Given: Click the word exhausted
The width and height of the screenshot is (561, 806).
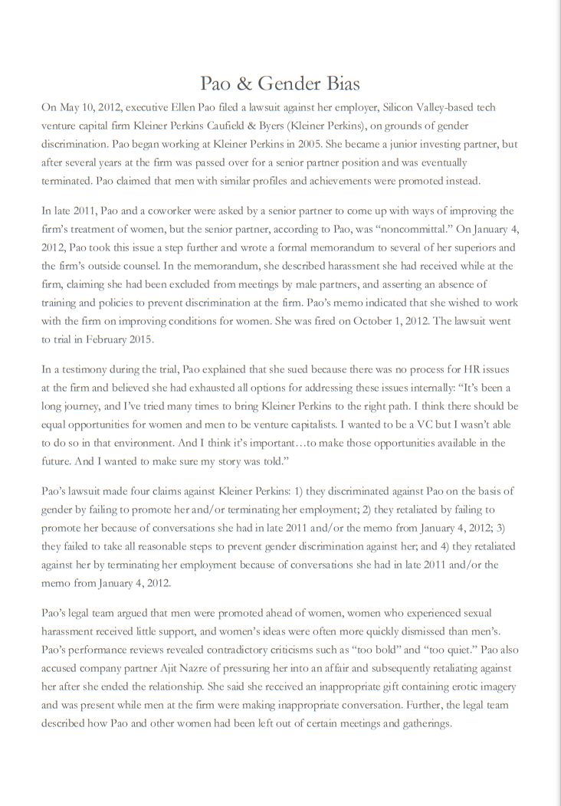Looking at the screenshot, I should [x=197, y=388].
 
